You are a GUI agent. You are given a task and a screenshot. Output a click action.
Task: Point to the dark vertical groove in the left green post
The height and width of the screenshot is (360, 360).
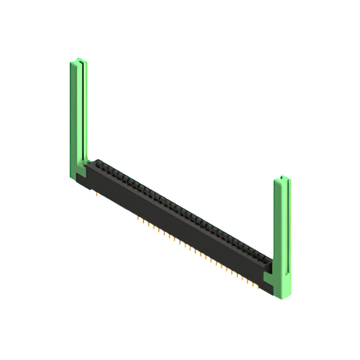(83, 112)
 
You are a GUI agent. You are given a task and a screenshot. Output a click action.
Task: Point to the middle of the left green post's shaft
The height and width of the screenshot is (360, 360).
(78, 112)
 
